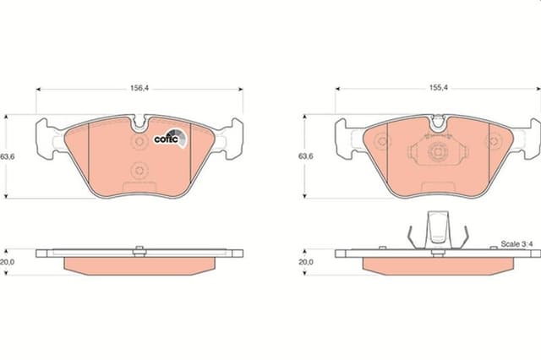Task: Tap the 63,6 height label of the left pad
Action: pos(8,157)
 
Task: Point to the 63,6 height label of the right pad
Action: pos(305,157)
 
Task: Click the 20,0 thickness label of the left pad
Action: pos(8,262)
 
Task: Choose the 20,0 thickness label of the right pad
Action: pos(305,262)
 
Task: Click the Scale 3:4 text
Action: pos(516,243)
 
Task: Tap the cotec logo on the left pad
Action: pos(167,139)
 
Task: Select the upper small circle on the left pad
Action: pos(139,143)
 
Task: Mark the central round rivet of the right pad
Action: pos(437,153)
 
